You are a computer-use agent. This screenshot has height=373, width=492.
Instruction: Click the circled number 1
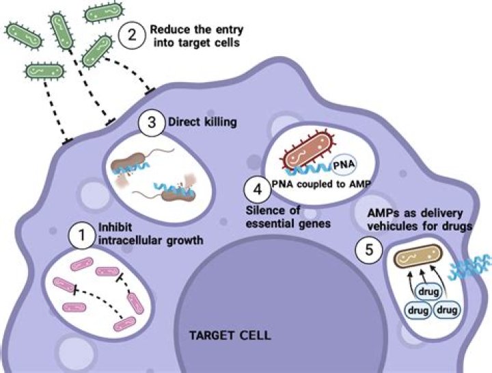pos(81,237)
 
